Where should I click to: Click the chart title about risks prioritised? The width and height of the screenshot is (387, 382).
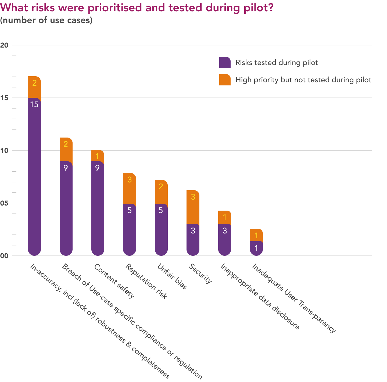(x=137, y=8)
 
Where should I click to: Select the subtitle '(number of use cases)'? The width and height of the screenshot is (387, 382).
(x=46, y=20)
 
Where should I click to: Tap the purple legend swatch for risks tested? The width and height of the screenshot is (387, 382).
(x=225, y=63)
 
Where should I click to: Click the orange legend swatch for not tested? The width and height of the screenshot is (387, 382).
(x=225, y=80)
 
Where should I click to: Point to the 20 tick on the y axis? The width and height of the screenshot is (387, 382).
(x=4, y=45)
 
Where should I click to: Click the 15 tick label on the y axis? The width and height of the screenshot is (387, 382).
(x=4, y=98)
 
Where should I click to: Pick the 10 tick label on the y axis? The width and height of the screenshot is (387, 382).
(x=4, y=150)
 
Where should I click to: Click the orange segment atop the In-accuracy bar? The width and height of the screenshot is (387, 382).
(x=34, y=87)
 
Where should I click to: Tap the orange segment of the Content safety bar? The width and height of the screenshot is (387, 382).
(x=98, y=156)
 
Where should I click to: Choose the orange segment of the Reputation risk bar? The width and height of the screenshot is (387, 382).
(x=130, y=188)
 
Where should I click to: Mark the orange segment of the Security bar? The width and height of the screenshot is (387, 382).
(x=193, y=207)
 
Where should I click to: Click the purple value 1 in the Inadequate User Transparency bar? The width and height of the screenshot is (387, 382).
(x=256, y=248)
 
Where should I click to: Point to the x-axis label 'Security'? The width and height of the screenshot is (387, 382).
(x=200, y=273)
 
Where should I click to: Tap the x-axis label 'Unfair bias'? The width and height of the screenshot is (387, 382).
(x=172, y=276)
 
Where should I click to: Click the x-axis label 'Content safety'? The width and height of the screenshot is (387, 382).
(x=114, y=281)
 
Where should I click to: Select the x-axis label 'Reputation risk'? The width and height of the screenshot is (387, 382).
(x=146, y=281)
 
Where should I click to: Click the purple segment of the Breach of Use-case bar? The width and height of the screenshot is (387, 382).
(x=66, y=208)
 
